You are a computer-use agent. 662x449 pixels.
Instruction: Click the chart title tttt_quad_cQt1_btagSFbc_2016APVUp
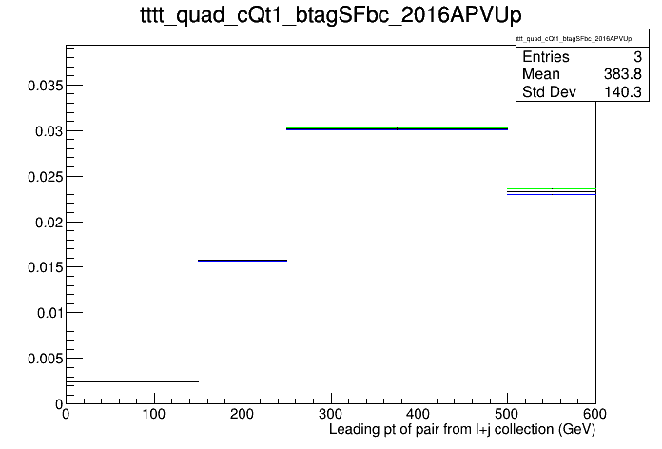[331, 15]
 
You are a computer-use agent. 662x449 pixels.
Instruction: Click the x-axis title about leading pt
[462, 430]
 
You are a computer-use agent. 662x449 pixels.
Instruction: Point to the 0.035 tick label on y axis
[45, 86]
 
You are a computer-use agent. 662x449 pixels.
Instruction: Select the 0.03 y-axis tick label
[49, 131]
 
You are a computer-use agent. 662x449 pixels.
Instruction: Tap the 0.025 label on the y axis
[45, 177]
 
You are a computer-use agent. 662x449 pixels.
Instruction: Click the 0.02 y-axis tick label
[49, 223]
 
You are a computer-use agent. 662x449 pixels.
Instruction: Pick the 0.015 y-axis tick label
[45, 267]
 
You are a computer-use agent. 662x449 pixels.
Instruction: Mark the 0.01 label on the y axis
[49, 313]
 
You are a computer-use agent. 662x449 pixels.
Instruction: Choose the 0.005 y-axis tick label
[45, 359]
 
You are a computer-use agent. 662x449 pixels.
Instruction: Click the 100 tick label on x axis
[154, 414]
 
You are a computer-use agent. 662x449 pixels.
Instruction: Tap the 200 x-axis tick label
[242, 414]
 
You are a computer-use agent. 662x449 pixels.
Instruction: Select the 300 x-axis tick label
[331, 414]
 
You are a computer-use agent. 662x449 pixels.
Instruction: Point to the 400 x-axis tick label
[419, 414]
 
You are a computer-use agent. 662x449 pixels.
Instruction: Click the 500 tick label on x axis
[507, 414]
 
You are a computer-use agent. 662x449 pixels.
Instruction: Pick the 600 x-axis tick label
[594, 414]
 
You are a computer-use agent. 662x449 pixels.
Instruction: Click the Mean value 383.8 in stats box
[623, 74]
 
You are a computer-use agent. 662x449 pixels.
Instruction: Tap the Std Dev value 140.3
[623, 91]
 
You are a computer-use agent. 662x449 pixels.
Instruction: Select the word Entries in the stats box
[546, 56]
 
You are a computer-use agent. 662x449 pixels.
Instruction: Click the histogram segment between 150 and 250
[243, 261]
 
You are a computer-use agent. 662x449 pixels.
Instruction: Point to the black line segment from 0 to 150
[132, 381]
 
